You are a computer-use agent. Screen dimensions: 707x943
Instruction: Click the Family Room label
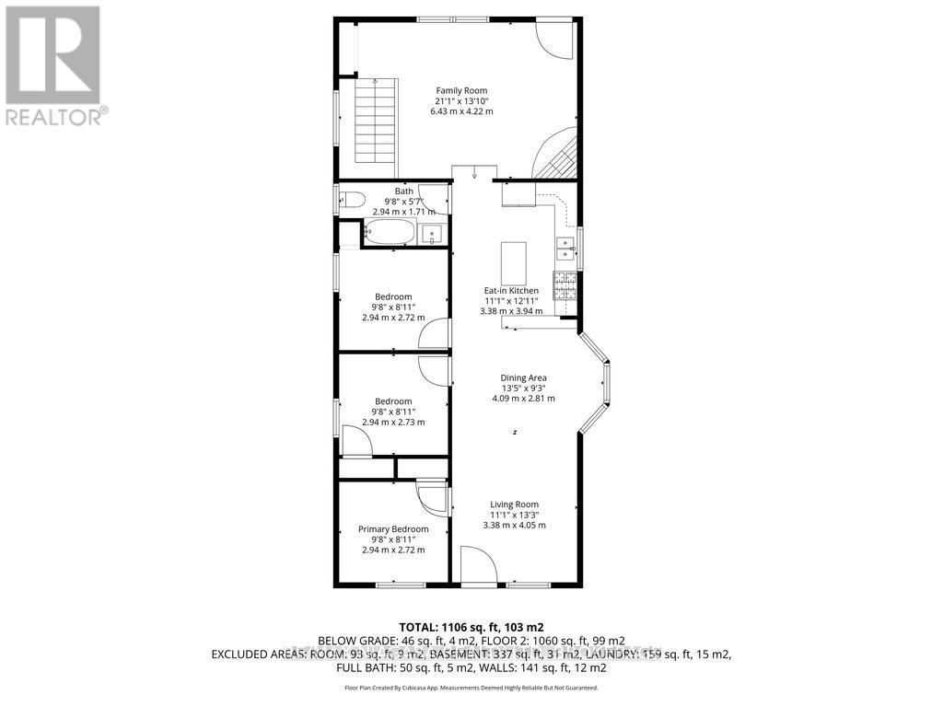tap(461, 90)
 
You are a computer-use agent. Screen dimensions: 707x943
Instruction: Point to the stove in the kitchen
tap(565, 285)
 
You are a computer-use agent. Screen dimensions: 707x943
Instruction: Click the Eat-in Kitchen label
tap(511, 291)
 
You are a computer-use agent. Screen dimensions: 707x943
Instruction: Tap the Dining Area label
tap(523, 377)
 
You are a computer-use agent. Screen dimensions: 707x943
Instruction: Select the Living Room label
tap(514, 504)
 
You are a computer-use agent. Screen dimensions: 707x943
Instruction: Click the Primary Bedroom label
tap(393, 529)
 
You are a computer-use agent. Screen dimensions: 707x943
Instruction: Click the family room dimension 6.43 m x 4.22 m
tap(461, 111)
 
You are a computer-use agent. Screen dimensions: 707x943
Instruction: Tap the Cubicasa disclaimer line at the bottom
tap(471, 688)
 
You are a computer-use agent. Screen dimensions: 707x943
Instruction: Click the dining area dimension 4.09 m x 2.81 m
tap(523, 399)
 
